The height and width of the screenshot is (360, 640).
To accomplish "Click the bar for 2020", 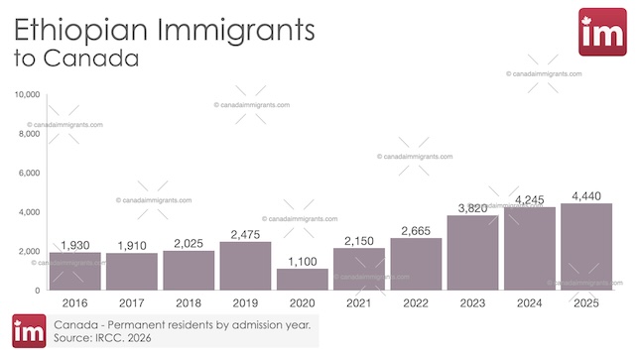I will click(x=302, y=280).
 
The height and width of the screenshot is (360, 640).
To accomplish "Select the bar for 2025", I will click(x=585, y=247).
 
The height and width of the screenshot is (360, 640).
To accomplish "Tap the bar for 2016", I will click(x=74, y=272).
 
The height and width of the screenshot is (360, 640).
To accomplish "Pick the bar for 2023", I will click(x=472, y=253).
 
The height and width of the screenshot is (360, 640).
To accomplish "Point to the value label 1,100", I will click(x=302, y=261).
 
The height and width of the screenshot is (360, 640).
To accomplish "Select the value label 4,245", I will click(x=529, y=199).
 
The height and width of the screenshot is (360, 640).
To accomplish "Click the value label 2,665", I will click(x=416, y=230).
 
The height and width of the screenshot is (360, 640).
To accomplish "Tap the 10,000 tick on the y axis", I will click(x=27, y=94).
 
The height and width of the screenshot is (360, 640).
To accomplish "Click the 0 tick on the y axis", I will click(x=38, y=291).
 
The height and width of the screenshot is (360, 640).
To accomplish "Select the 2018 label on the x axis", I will click(x=188, y=302).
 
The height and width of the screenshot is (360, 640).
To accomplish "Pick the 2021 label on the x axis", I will click(x=358, y=302).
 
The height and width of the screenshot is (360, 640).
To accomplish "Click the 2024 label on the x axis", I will click(x=529, y=302).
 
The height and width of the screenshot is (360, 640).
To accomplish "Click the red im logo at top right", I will click(x=601, y=32).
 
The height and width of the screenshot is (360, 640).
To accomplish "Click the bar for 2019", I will click(x=245, y=266).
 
